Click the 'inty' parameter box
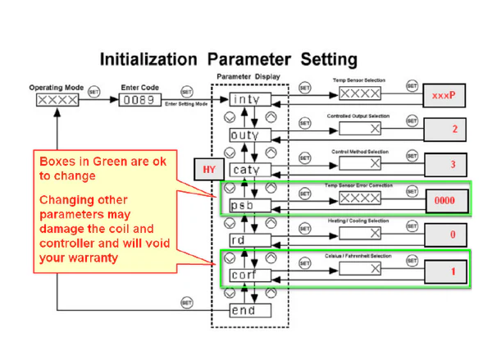(247, 99)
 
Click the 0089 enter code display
(143, 100)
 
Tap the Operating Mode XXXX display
(57, 100)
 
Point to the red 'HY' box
(207, 170)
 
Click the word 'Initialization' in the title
(147, 60)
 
